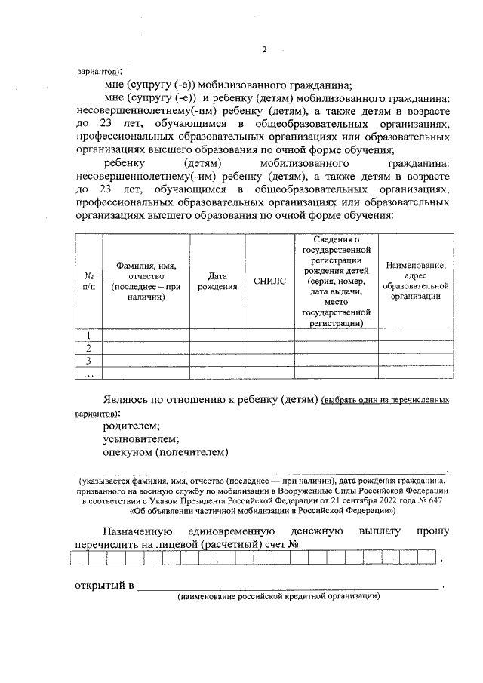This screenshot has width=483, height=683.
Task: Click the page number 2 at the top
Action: [x=264, y=50]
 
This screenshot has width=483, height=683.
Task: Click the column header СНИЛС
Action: [x=270, y=282]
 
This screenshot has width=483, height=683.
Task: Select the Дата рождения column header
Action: [x=217, y=282]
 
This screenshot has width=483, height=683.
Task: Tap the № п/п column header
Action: [x=88, y=282]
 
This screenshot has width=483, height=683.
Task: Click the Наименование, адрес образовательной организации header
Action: [x=415, y=281]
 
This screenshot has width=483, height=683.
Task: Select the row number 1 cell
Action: [x=88, y=336]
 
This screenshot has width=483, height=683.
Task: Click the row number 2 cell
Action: [x=88, y=348]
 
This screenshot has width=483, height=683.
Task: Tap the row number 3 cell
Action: [x=88, y=360]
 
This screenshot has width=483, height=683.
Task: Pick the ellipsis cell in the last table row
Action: [x=88, y=372]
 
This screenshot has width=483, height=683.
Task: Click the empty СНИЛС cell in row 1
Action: [x=270, y=336]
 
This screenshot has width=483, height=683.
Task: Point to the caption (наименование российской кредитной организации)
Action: [x=278, y=597]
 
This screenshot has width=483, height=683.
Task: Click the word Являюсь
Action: [x=127, y=399]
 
